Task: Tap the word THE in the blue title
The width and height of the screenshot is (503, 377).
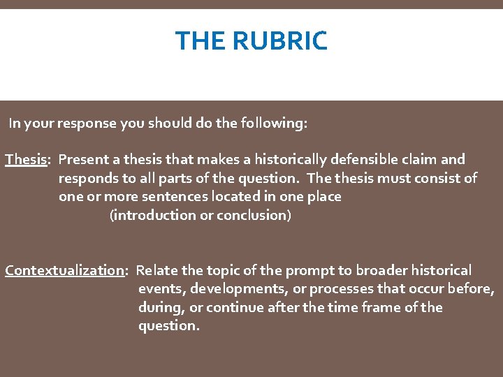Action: [x=201, y=41]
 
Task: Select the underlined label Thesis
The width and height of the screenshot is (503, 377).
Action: [x=26, y=160]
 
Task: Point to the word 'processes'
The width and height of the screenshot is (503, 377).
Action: [x=342, y=289]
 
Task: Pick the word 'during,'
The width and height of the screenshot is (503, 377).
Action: [x=159, y=308]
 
